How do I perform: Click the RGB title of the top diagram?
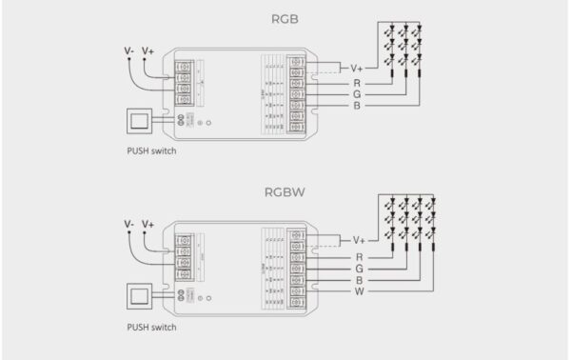pyautogui.click(x=285, y=17)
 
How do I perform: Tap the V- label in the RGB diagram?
pyautogui.click(x=128, y=50)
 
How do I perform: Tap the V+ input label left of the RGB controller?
pyautogui.click(x=148, y=50)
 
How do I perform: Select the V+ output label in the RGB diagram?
pyautogui.click(x=357, y=68)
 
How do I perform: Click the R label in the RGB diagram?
pyautogui.click(x=357, y=83)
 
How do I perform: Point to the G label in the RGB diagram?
pyautogui.click(x=357, y=95)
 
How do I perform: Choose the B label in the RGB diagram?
pyautogui.click(x=357, y=108)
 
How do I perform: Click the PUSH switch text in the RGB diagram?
pyautogui.click(x=151, y=150)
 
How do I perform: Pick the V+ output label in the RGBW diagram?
pyautogui.click(x=359, y=240)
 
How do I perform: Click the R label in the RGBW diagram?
pyautogui.click(x=359, y=257)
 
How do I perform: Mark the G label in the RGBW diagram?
pyautogui.click(x=359, y=270)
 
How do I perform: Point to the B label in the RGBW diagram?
pyautogui.click(x=359, y=281)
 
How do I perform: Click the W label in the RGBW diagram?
pyautogui.click(x=359, y=292)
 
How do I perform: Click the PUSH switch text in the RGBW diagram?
pyautogui.click(x=151, y=327)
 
